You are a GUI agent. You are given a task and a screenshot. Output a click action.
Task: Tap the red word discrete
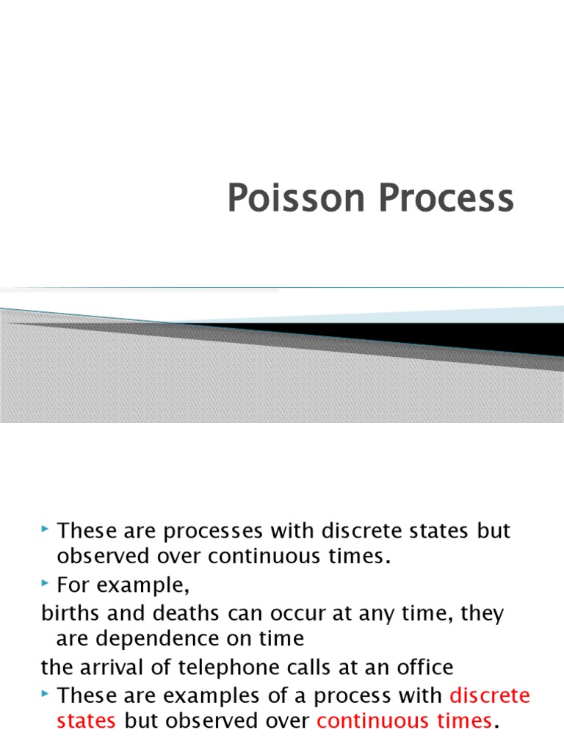[x=489, y=695]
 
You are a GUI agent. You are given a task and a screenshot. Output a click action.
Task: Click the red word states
[x=86, y=721]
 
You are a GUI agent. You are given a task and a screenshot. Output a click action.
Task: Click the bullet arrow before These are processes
[x=47, y=529]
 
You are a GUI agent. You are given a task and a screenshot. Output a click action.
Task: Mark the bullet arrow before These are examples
[x=47, y=693]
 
